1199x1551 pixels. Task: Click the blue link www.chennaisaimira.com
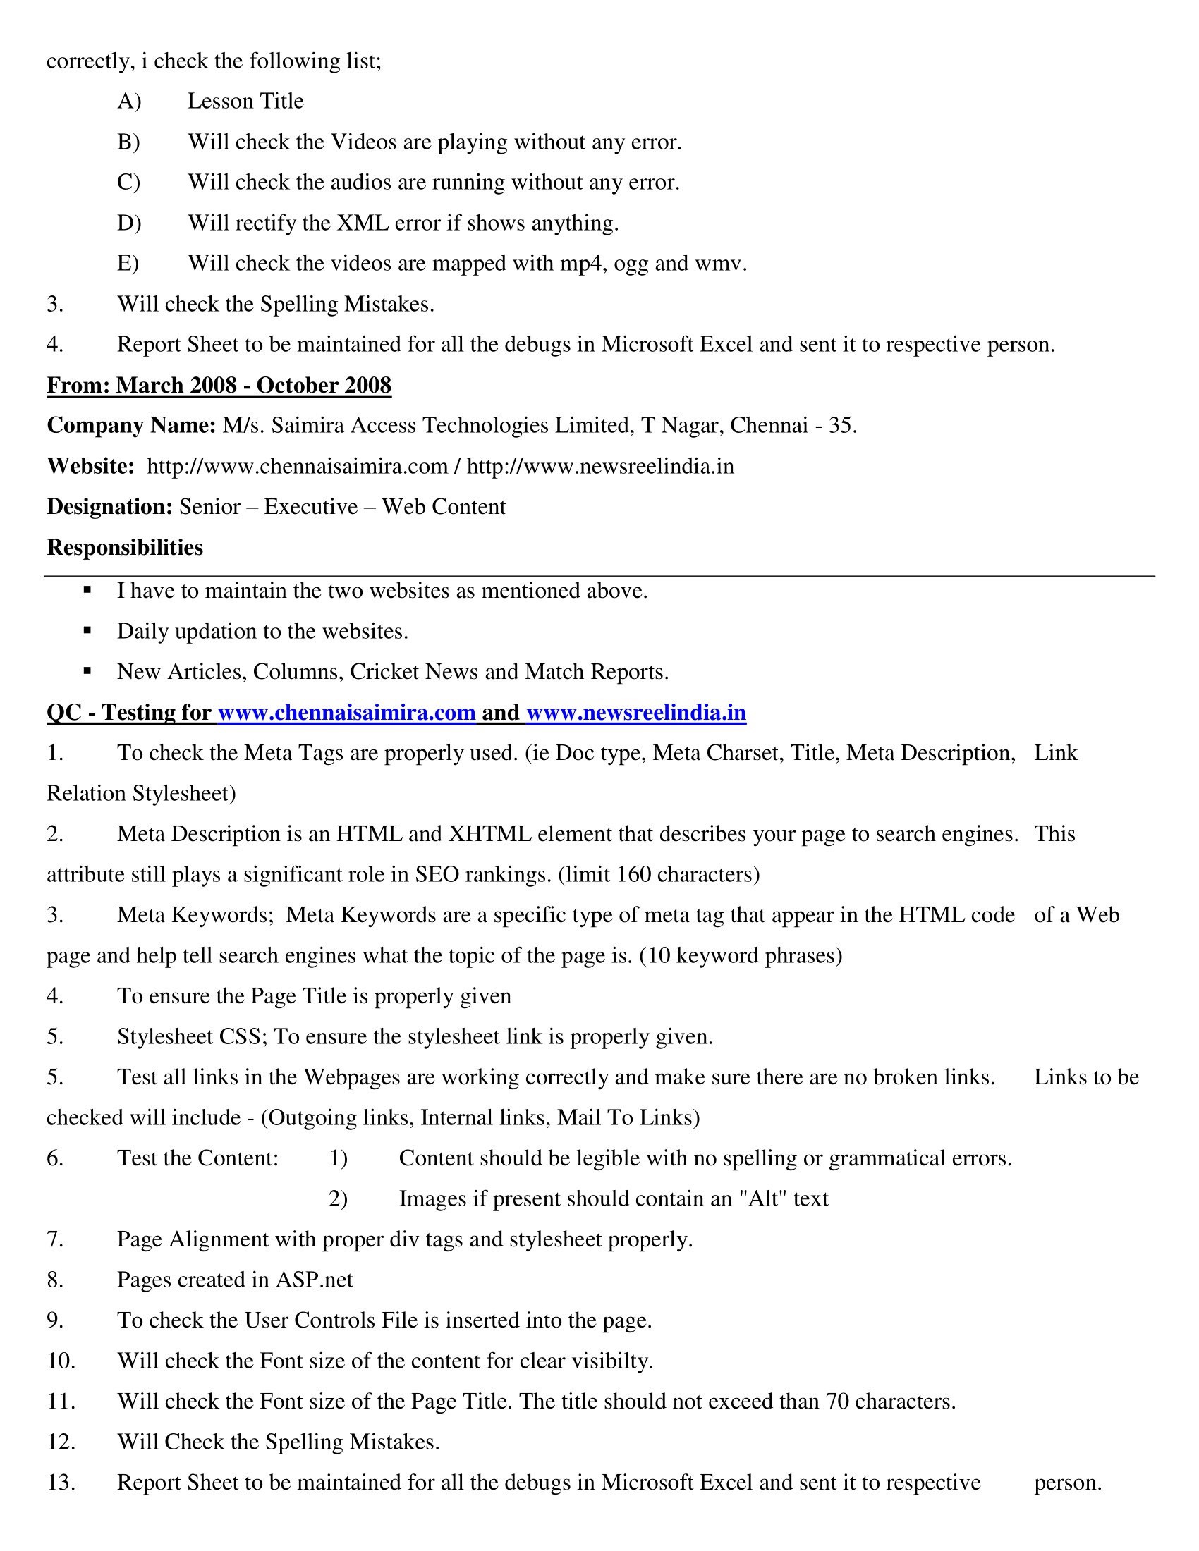coord(346,712)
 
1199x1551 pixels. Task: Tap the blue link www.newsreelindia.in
coord(635,712)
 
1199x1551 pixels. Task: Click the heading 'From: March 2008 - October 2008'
coord(219,385)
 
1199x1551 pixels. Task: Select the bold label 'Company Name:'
coord(131,425)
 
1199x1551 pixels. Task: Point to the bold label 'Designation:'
coord(109,507)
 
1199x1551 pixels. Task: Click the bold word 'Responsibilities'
coord(125,548)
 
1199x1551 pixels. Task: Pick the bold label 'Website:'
coord(90,467)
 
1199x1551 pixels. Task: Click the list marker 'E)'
coord(128,264)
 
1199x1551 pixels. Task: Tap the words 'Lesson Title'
coord(245,102)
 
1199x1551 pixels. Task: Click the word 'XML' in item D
coord(363,223)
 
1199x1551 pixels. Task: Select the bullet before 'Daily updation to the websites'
coord(87,630)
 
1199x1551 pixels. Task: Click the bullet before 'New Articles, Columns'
coord(87,670)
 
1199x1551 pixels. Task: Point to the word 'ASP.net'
coord(314,1280)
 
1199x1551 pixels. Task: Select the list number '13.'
coord(61,1483)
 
